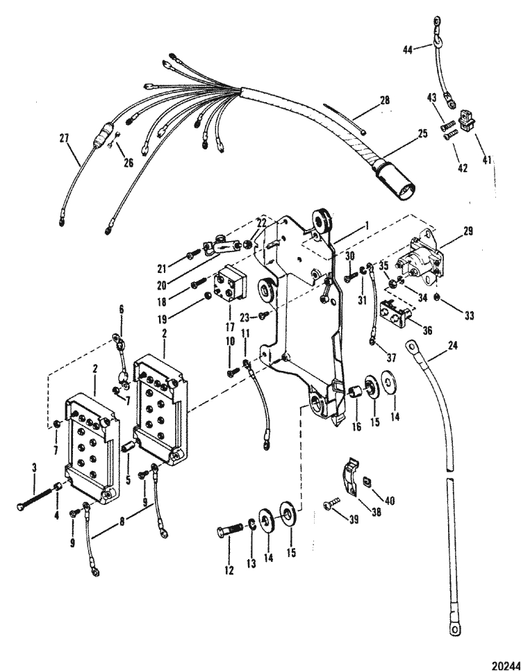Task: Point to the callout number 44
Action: coord(408,49)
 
